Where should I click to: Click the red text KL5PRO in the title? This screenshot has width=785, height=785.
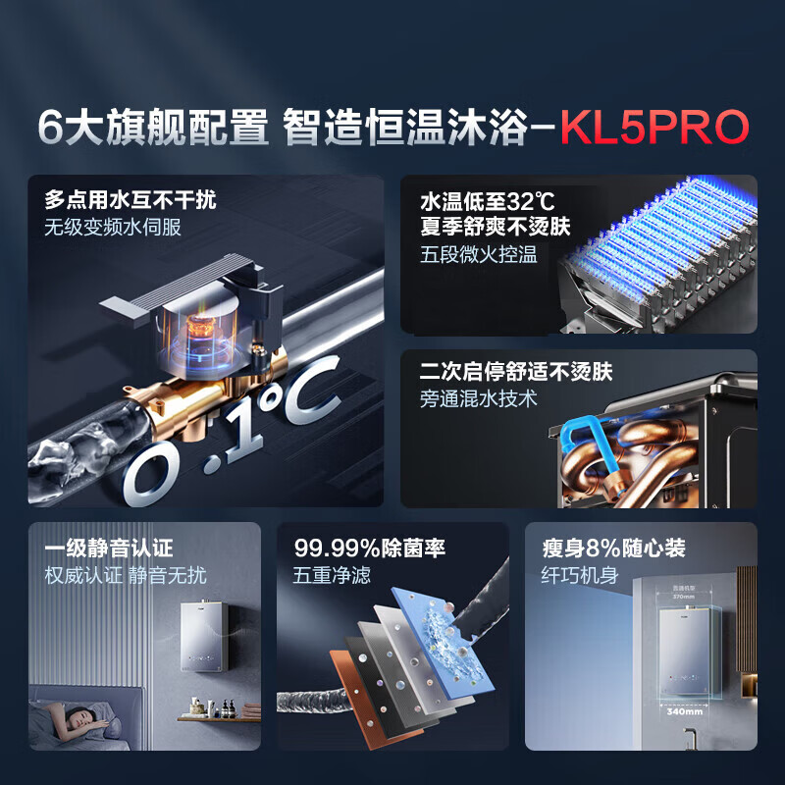coord(654,129)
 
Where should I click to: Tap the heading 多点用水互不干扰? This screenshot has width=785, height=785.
coord(130,201)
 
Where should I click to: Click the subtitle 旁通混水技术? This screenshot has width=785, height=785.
coord(478,400)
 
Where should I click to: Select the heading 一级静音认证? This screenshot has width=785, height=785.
coord(108,548)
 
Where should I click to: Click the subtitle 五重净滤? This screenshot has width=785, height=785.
coord(332,575)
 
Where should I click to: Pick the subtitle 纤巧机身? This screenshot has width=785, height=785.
coord(573,575)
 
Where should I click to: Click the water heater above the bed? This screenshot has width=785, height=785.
coord(209,643)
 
